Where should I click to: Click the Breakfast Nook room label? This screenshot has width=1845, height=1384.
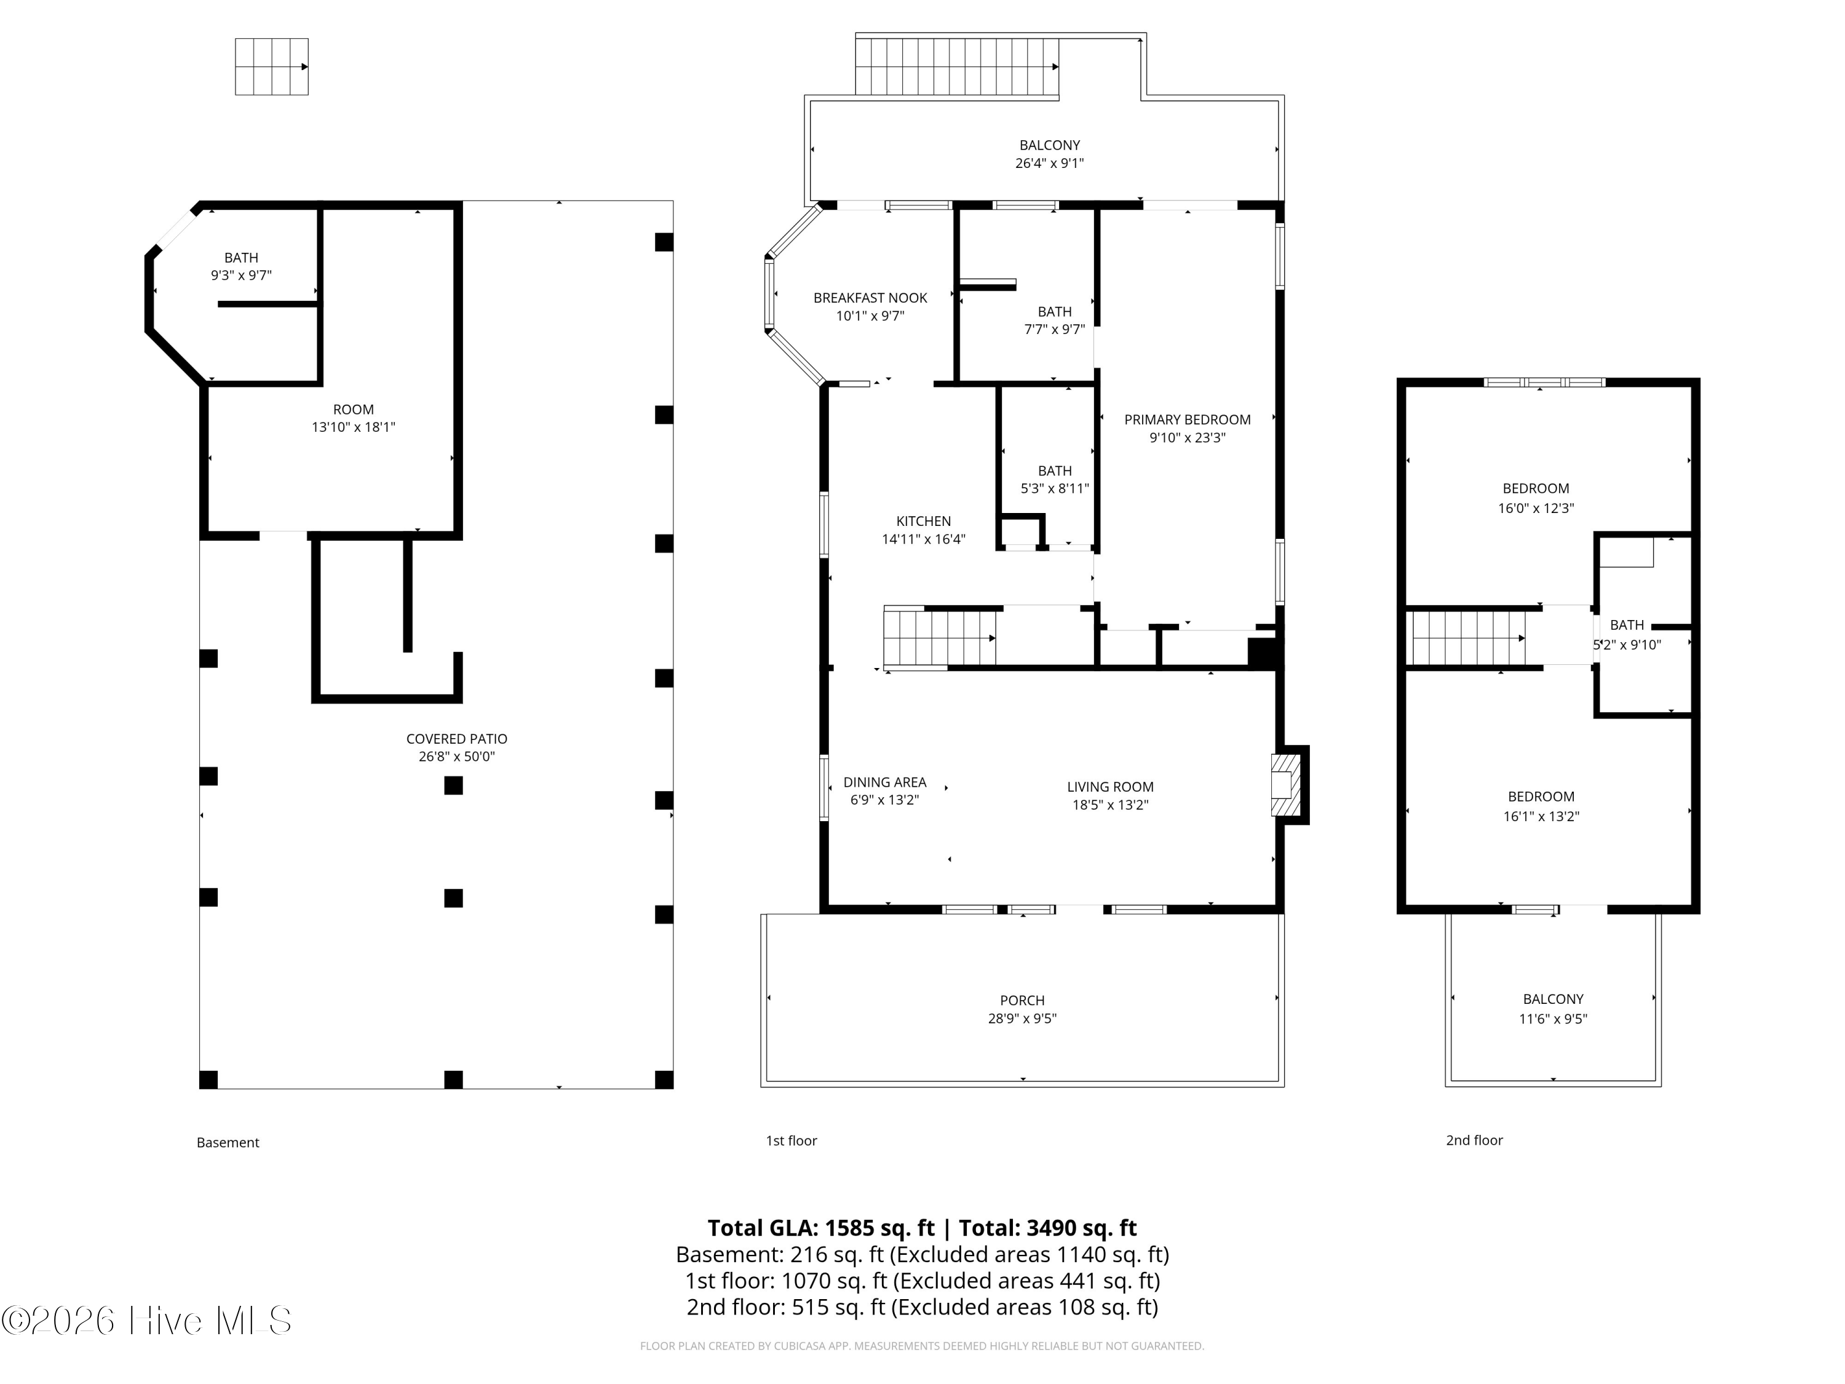(870, 298)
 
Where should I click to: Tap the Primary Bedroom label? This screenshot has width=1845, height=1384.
(1187, 420)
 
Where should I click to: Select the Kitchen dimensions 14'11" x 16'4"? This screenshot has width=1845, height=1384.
(923, 539)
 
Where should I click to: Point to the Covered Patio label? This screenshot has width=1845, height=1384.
(456, 739)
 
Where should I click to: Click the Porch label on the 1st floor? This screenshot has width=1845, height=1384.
(1022, 1000)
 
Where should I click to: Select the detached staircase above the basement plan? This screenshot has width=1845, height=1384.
(272, 66)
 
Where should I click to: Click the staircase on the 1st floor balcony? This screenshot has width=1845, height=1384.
(958, 66)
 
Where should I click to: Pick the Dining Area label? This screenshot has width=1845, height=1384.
(884, 782)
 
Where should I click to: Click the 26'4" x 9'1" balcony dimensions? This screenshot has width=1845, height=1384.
(1049, 164)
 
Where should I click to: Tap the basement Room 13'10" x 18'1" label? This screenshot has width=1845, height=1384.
(353, 418)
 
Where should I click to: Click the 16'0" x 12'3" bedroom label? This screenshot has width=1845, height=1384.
(1536, 498)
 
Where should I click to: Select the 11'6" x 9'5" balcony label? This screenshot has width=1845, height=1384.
(1552, 1009)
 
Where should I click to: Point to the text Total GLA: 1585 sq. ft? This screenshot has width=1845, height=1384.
(821, 1228)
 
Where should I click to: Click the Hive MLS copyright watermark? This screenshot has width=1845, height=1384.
(147, 1321)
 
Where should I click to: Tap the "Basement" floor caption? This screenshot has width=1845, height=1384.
(228, 1143)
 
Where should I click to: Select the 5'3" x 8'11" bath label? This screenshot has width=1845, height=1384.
(1054, 480)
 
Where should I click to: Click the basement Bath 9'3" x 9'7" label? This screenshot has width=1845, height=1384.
(241, 267)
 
